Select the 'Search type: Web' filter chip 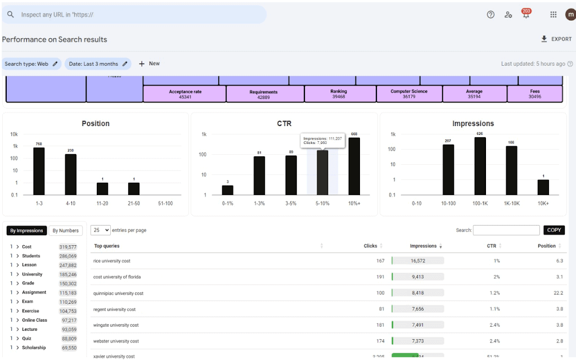click(31, 64)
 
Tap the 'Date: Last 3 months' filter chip click(98, 64)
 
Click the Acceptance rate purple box click(185, 94)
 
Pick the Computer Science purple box click(409, 94)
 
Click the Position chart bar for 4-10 click(70, 174)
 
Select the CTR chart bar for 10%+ click(354, 166)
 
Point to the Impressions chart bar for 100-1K click(480, 166)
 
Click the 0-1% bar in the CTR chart click(227, 190)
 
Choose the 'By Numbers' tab click(65, 231)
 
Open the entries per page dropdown click(100, 230)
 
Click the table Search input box click(506, 230)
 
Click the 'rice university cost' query click(112, 261)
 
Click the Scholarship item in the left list click(33, 348)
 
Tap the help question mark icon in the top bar click(490, 15)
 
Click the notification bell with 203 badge click(526, 15)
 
